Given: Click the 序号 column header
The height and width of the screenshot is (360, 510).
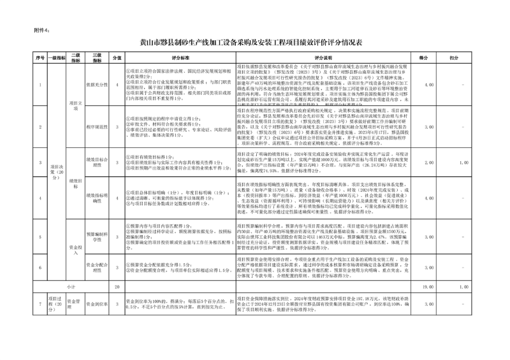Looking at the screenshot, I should (x=40, y=57).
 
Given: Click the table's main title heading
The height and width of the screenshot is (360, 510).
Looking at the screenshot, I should (x=254, y=44).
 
